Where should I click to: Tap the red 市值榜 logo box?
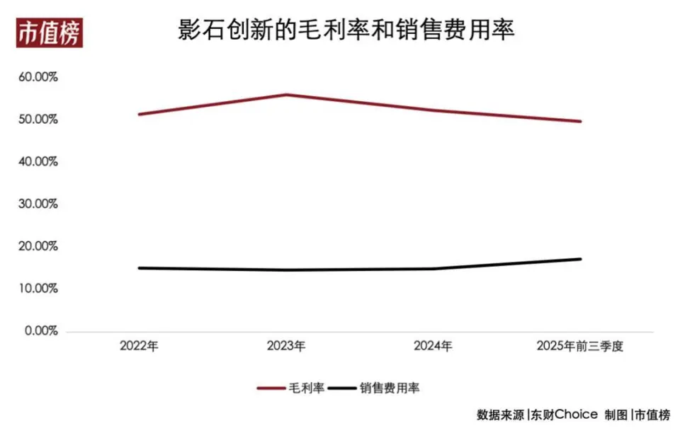(x=50, y=33)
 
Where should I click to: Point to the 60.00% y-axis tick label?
(x=37, y=77)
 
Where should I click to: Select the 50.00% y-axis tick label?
(x=37, y=120)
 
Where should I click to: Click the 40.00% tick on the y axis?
(x=37, y=162)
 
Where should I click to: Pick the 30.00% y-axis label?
(x=37, y=204)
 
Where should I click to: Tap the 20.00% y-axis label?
(x=37, y=246)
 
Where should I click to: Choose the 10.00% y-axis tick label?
(x=37, y=289)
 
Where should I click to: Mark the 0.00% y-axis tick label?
(x=40, y=331)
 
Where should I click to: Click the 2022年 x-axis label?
(x=139, y=346)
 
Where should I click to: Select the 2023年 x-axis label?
(x=286, y=346)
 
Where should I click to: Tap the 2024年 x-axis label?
(x=433, y=346)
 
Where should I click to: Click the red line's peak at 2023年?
(x=286, y=94)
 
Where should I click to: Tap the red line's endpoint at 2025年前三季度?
(x=580, y=121)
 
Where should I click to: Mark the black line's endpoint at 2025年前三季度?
(x=580, y=259)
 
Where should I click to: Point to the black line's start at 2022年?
(x=139, y=268)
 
